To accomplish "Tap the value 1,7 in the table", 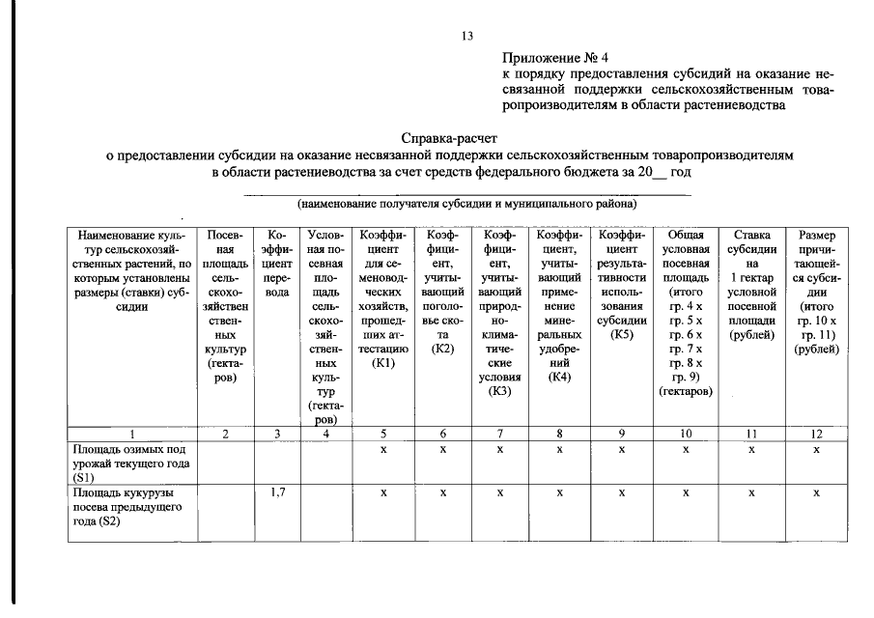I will coord(276,492).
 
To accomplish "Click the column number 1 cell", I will coord(132,434).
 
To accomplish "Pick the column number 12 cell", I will coord(816,434).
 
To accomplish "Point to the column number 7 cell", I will coord(499,434).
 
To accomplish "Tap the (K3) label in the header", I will coord(499,391).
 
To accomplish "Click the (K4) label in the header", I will coord(558,377).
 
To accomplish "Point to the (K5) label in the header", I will coord(621,334).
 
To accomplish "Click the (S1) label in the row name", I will coord(85,477).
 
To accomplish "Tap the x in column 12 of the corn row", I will coord(816,492).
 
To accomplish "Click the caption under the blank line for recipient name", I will coord(467,205).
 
